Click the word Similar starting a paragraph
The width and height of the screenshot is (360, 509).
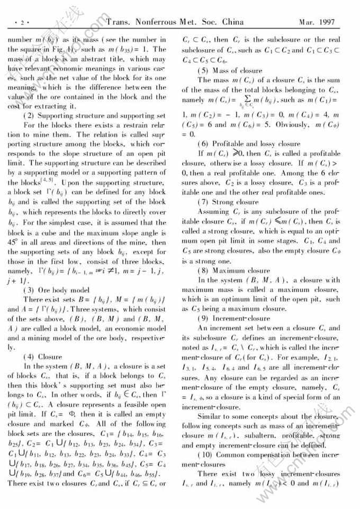tap(211, 416)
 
